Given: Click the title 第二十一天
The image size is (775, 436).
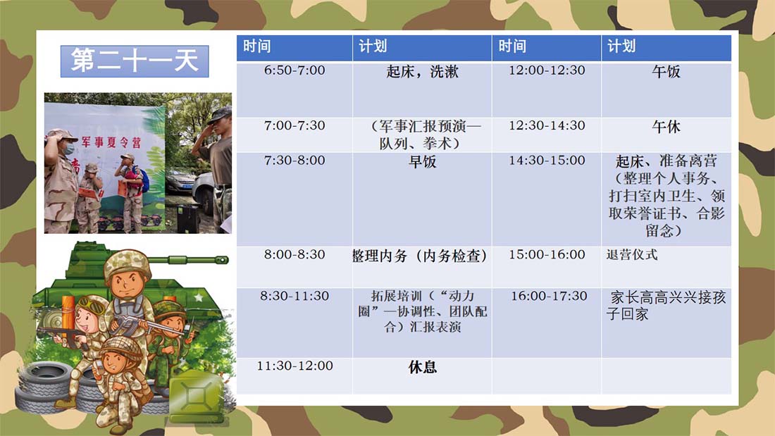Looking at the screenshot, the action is [x=135, y=61].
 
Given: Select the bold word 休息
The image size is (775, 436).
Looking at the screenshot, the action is [x=423, y=367].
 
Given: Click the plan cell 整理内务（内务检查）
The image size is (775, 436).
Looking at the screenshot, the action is [x=420, y=256].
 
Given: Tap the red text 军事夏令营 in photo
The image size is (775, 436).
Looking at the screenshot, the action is [x=111, y=142].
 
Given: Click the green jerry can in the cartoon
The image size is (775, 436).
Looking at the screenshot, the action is [x=196, y=397].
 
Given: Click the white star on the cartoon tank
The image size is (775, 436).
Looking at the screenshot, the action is [x=199, y=298].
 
